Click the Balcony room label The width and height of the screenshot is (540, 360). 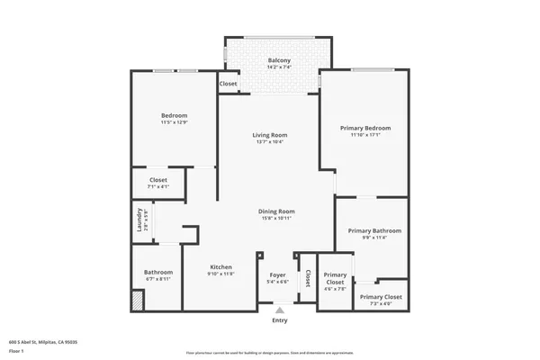tap(279, 60)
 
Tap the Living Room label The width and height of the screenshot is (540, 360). tap(271, 135)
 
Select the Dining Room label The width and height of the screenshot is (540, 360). tap(277, 211)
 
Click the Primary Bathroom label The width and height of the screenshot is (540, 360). tap(374, 231)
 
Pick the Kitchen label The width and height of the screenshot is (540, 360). tap(221, 267)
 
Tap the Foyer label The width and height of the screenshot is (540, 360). tap(277, 275)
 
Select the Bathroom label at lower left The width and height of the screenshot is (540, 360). tap(158, 273)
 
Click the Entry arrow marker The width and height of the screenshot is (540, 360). tap(279, 310)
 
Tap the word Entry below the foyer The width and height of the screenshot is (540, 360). tap(280, 320)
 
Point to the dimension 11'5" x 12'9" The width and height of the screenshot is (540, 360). tap(174, 122)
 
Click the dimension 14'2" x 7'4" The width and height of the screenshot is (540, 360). tap(279, 67)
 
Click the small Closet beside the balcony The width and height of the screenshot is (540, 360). tap(229, 84)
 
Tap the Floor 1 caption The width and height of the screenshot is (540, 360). tap(16, 351)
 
